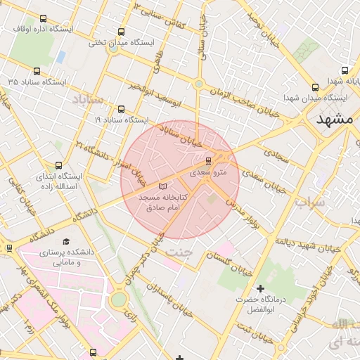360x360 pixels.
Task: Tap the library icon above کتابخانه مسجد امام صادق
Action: tap(163, 186)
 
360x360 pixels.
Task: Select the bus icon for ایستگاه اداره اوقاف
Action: tap(44, 20)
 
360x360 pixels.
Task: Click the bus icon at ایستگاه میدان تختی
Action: tap(122, 32)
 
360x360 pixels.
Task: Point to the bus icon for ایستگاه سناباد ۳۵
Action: tap(37, 71)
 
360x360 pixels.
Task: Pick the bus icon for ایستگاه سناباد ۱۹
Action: tap(122, 109)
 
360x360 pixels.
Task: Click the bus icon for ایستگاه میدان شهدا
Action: tap(314, 88)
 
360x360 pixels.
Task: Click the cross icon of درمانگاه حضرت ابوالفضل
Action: tap(261, 288)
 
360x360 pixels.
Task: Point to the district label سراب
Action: tap(311, 205)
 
